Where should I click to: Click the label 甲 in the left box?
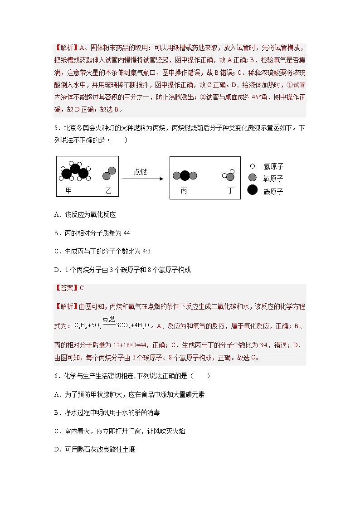coord(68,191)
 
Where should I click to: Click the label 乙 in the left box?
coord(108,191)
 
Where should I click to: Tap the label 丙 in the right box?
coord(184,191)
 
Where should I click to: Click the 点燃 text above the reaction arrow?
coord(140,172)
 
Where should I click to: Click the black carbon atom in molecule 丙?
coord(185,176)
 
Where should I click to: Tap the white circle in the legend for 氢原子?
coord(252,166)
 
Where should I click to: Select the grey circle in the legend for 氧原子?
coord(253,178)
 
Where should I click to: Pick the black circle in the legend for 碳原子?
coord(253,190)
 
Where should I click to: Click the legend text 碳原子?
coord(273,191)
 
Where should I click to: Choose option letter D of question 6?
coord(57,450)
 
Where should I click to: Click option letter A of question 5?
coord(57,215)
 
